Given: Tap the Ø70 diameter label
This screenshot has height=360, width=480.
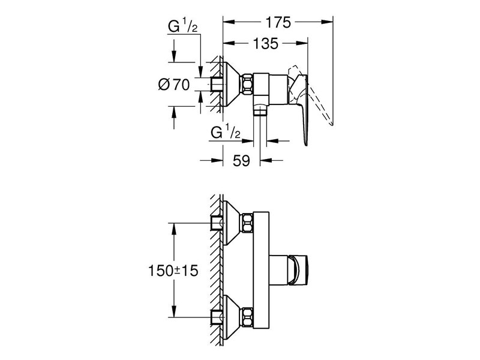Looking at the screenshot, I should point(174,85).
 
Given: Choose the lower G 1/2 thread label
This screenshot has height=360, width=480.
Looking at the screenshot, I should point(227,132).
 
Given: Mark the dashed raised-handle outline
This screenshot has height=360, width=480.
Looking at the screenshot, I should point(321,102).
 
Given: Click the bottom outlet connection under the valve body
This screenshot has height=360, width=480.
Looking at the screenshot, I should point(259,109).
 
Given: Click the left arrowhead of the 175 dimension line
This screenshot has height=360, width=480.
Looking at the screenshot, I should point(226,23).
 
